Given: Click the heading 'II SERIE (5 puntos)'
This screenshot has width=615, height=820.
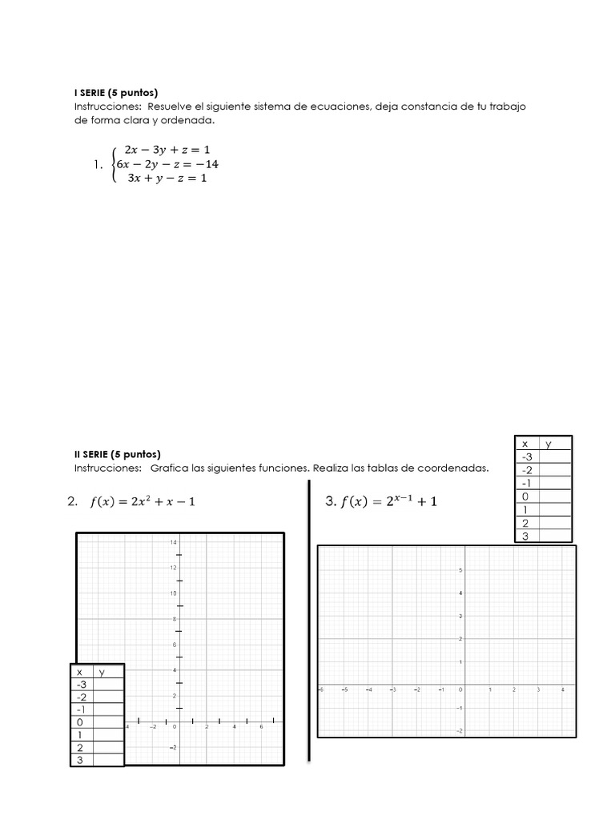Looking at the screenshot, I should tap(117, 454).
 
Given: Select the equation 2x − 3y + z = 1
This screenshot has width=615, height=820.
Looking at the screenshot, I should tap(167, 150).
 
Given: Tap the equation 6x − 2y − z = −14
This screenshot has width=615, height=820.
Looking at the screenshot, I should tap(167, 164).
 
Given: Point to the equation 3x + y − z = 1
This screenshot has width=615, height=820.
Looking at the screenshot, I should tap(167, 179).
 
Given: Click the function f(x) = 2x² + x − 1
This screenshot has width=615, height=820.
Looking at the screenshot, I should tap(143, 502).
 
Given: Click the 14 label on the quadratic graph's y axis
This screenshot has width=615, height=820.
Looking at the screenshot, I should tap(172, 543).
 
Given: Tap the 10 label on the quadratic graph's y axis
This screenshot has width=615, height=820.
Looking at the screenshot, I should tap(172, 593).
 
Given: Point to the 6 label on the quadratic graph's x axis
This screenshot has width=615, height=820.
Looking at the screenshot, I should tap(261, 727).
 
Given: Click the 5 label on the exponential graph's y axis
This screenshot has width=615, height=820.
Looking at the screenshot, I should tap(460, 570).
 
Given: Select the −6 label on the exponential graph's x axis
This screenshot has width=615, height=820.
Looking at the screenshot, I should tap(321, 689).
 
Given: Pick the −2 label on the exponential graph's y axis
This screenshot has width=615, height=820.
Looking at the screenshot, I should tap(458, 731).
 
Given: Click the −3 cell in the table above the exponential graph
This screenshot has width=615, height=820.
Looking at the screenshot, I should tap(526, 456).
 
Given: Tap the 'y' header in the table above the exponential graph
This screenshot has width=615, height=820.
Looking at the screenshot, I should tap(549, 444).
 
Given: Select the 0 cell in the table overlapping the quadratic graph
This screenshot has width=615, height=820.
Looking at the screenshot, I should tap(79, 722).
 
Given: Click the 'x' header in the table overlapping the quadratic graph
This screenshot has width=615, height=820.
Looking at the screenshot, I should tap(79, 673).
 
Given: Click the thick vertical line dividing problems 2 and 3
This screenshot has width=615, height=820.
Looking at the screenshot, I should tap(309, 621).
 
